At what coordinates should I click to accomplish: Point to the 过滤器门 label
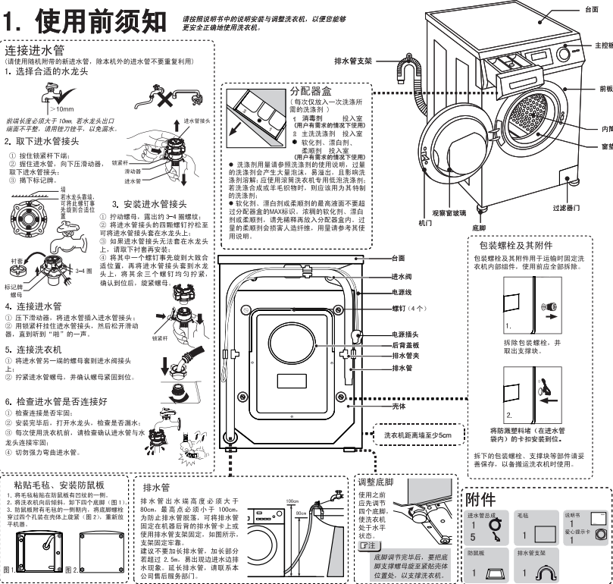(565, 207)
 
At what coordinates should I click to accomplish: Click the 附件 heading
(479, 498)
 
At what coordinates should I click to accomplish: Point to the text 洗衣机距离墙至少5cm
(417, 435)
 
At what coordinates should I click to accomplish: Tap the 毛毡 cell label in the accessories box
(521, 516)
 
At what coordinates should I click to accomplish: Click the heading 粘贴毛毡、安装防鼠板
(59, 485)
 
